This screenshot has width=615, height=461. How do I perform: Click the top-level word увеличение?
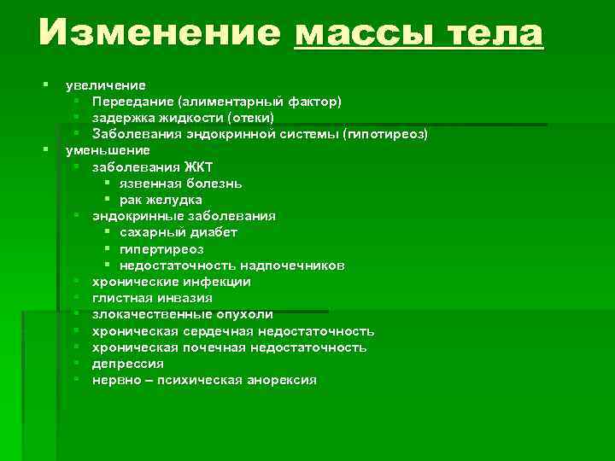105,85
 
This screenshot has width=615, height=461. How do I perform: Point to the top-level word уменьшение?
108,150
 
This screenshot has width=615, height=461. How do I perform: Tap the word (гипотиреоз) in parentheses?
385,134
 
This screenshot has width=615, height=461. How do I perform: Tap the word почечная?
209,347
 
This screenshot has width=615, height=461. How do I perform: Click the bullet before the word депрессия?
77,364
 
